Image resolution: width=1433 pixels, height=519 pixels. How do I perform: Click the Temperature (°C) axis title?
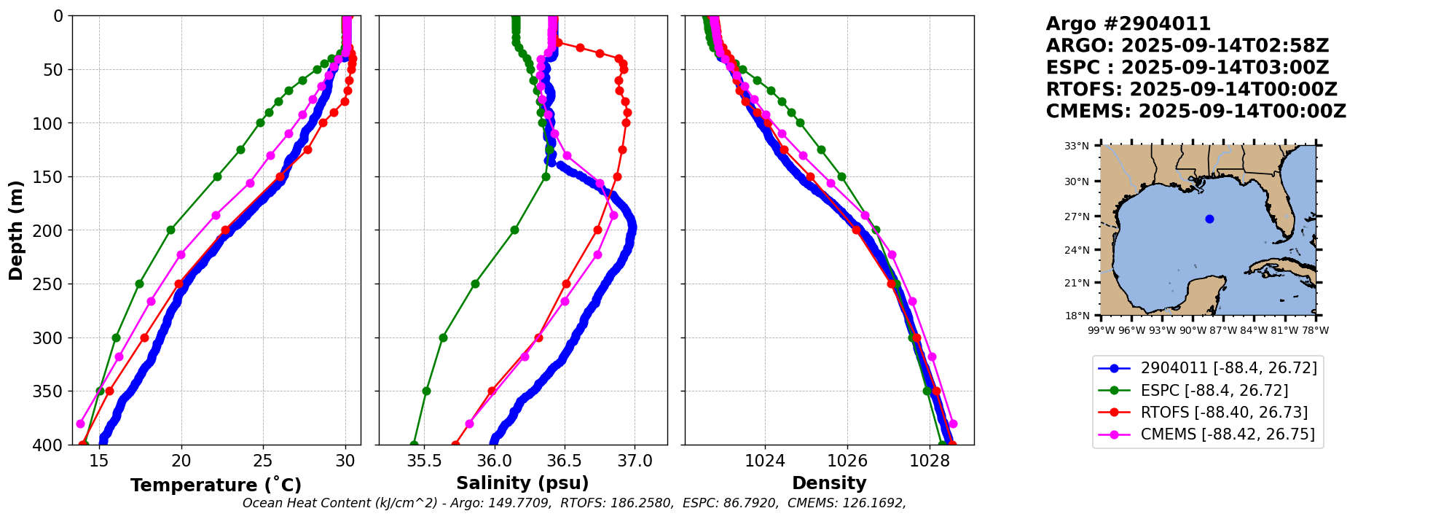tap(216, 485)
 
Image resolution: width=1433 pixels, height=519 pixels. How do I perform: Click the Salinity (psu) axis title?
tap(522, 483)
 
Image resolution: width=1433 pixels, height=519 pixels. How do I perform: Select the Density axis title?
tap(829, 483)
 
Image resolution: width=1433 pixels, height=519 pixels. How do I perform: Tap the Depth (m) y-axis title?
tap(16, 230)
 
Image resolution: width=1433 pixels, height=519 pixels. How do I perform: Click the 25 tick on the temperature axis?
tap(263, 461)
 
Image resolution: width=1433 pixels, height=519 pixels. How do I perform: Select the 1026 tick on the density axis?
tap(847, 461)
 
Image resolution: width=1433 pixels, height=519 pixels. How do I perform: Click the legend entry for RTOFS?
tap(1207, 413)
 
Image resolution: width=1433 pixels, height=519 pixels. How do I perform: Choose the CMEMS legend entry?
tap(1207, 434)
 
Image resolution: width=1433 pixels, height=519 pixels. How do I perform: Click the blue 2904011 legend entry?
tap(1207, 368)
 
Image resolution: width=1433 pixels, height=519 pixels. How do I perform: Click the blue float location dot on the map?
tap(1209, 219)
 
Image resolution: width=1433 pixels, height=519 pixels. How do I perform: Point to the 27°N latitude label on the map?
tap(1077, 216)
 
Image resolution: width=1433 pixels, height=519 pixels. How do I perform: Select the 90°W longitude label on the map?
tap(1193, 330)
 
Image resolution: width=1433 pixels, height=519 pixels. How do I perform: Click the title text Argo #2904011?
tap(1128, 24)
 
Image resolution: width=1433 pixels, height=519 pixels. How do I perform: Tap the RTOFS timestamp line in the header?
tap(1192, 90)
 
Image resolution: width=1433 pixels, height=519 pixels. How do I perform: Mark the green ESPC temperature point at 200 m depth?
tap(170, 230)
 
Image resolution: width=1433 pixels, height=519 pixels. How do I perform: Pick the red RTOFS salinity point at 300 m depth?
tap(539, 337)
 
